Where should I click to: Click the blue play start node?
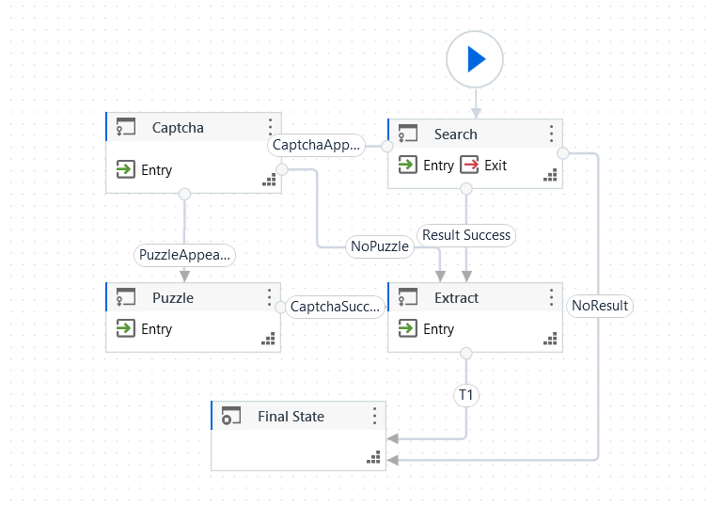click(475, 59)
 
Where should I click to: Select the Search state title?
click(455, 135)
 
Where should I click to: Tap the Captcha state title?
click(178, 128)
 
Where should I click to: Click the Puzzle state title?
click(173, 298)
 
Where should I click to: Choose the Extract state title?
click(456, 298)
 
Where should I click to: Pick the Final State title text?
click(291, 417)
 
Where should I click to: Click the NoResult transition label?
click(600, 306)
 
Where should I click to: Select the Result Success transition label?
click(466, 235)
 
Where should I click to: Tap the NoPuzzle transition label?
click(379, 246)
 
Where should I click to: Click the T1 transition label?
click(465, 395)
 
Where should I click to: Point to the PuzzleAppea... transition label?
click(184, 255)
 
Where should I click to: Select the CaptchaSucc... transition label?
click(335, 307)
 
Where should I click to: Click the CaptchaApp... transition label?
click(316, 146)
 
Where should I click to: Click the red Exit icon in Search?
click(469, 166)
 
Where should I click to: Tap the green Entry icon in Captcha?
click(125, 170)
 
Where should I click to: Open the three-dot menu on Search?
click(551, 134)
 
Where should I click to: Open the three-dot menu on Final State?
click(374, 416)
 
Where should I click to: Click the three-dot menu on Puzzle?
click(270, 297)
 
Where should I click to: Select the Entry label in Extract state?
click(438, 329)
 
